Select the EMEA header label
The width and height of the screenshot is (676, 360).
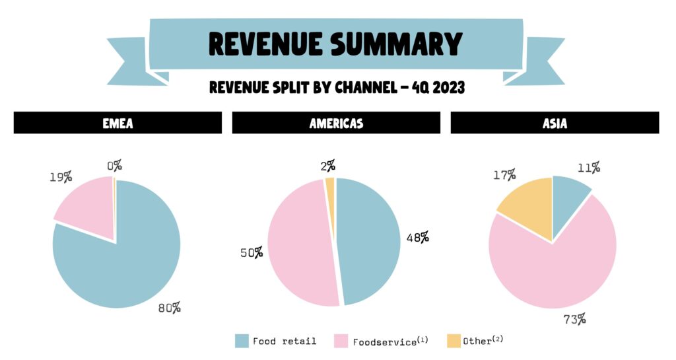pos(118,123)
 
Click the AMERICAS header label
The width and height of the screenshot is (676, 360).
pos(336,123)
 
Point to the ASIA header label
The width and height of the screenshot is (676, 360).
pos(555,123)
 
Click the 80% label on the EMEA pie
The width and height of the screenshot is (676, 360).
pos(169,308)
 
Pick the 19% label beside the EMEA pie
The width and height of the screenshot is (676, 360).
pos(61,177)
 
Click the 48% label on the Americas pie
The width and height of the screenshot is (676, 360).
pos(417,236)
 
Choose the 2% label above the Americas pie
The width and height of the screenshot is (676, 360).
pos(329,165)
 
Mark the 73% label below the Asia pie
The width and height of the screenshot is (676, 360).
pos(574,320)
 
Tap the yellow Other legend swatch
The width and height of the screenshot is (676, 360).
pos(453,341)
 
